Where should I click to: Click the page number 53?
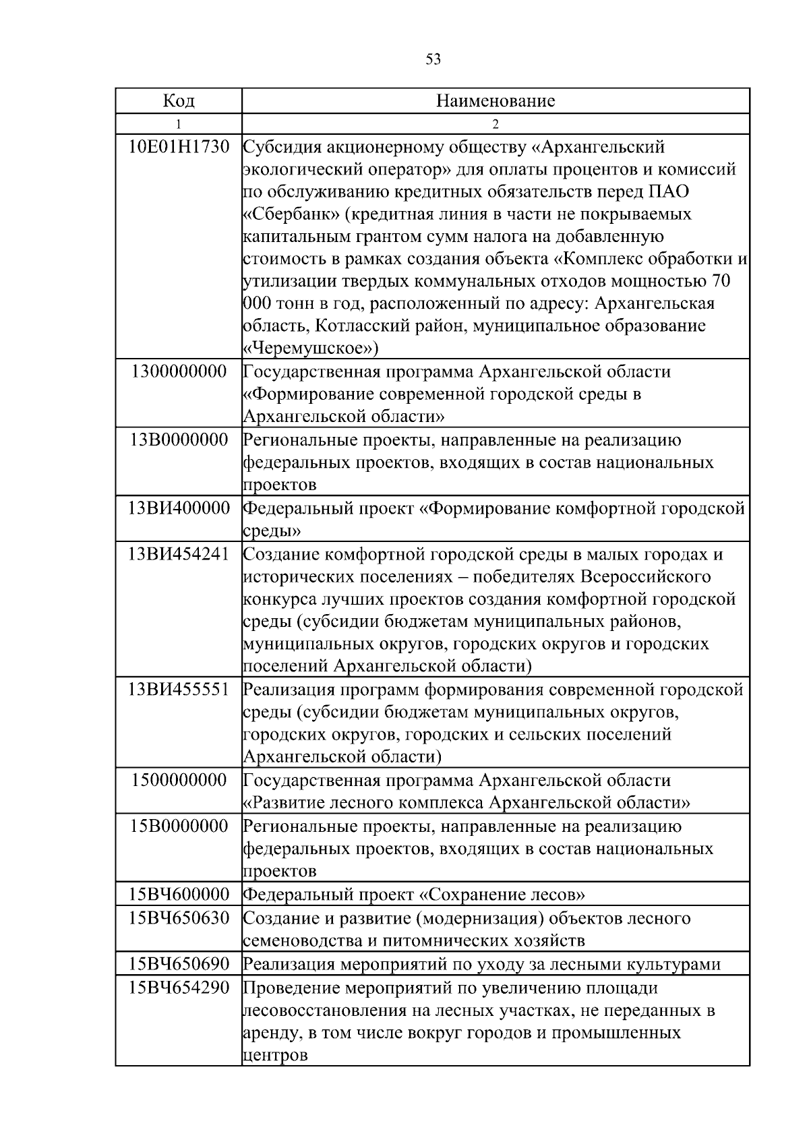(x=433, y=59)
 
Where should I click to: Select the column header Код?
(x=179, y=101)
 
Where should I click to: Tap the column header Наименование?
(x=496, y=101)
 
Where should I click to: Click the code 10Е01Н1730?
(x=179, y=146)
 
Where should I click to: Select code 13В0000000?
(x=179, y=440)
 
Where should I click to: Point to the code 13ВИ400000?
(x=179, y=508)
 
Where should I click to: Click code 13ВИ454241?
(x=179, y=554)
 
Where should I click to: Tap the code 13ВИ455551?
(x=179, y=690)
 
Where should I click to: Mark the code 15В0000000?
(x=179, y=826)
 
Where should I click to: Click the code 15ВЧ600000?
(x=179, y=895)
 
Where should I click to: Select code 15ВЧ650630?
(x=179, y=917)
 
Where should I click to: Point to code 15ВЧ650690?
(x=179, y=964)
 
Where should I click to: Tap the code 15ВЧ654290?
(x=179, y=988)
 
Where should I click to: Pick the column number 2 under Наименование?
(x=496, y=124)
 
